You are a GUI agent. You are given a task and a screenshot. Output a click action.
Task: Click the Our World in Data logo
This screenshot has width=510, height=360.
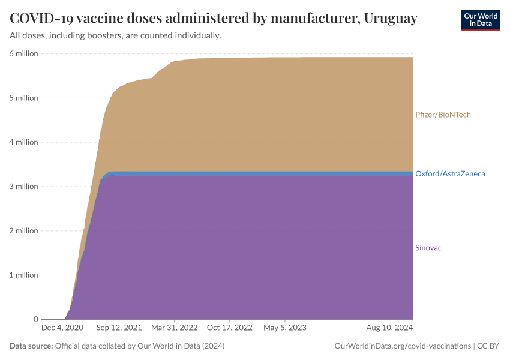pos(480,20)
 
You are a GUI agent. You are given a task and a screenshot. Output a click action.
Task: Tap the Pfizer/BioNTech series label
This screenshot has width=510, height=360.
pos(443,115)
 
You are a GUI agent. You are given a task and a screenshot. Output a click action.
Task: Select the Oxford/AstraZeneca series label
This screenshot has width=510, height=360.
pos(450,174)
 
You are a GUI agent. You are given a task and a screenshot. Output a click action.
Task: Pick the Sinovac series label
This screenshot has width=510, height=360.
pos(428,248)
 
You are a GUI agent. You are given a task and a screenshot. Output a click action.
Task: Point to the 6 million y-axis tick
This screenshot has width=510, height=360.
pos(23,53)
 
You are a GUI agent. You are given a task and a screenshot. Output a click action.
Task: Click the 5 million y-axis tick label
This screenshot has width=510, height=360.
pos(23,98)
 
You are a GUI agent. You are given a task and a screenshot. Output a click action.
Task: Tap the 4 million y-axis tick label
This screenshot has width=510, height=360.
pos(23,142)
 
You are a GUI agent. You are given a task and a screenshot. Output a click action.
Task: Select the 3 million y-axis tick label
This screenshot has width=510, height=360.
pos(23,187)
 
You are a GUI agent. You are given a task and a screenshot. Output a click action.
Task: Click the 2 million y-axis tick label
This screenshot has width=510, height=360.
pos(23,231)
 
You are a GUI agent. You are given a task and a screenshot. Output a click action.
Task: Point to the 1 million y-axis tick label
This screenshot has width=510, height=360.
pos(23,275)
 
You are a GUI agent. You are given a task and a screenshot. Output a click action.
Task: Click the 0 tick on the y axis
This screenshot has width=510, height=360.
pos(35,319)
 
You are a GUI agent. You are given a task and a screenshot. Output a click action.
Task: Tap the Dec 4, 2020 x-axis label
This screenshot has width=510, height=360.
pos(62,328)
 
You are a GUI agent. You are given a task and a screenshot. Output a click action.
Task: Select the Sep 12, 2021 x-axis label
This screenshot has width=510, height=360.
pos(119,328)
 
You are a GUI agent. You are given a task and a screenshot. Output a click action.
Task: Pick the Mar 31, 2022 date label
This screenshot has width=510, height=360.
pos(175,328)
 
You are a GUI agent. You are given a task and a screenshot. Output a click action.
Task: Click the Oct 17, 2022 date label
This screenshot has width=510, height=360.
pos(230,328)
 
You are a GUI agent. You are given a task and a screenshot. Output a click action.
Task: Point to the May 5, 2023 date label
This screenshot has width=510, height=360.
pos(284,328)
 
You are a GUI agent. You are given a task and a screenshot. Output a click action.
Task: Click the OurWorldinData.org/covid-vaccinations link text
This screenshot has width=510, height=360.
pos(401,346)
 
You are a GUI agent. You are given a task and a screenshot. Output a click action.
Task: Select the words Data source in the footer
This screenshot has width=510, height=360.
pos(31,346)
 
